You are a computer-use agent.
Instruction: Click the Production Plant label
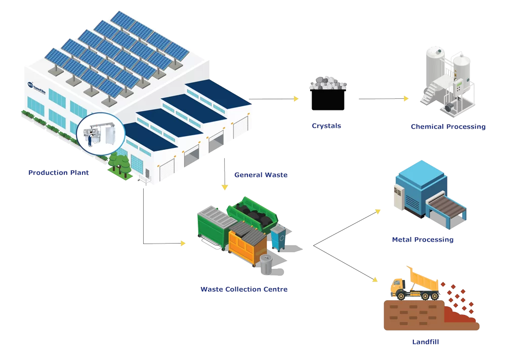[x=59, y=173]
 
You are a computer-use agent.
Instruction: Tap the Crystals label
[x=326, y=126]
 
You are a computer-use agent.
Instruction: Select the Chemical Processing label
[x=448, y=127]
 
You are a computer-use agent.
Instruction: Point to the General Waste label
[x=261, y=175]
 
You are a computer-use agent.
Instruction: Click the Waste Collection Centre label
[x=244, y=290]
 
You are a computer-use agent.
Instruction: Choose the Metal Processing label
[x=423, y=239]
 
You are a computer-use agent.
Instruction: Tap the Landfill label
[x=426, y=342]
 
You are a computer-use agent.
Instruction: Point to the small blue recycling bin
[x=278, y=237]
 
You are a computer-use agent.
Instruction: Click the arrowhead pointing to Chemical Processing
[x=405, y=99]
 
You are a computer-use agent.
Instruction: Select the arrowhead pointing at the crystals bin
[x=297, y=99]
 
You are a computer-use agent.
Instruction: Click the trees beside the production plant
[x=119, y=163]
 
